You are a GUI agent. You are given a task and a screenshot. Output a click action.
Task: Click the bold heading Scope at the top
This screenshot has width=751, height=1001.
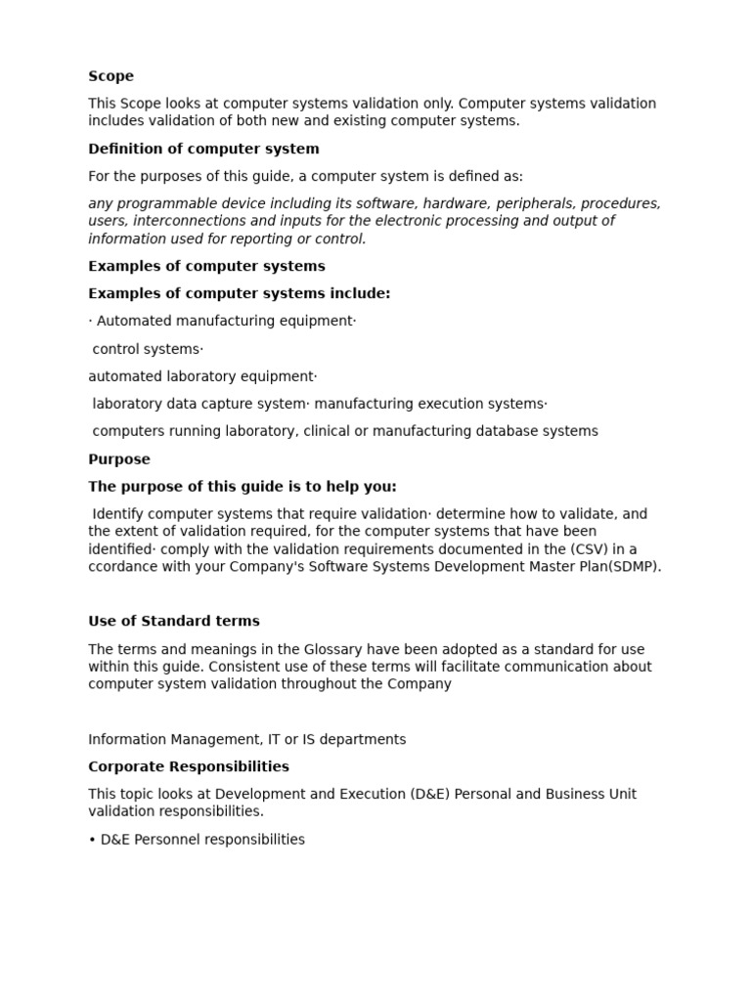coord(110,76)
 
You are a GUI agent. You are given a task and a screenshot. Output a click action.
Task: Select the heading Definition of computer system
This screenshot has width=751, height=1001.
coord(203,149)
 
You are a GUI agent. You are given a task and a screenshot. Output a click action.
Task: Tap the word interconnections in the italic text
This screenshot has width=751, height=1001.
coord(182,221)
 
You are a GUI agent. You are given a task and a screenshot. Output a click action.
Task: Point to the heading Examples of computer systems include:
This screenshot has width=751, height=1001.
coord(239,293)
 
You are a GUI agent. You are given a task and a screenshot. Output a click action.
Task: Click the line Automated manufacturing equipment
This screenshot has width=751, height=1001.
coord(224,321)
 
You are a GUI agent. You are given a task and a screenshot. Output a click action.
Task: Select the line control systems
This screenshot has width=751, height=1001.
coord(147,349)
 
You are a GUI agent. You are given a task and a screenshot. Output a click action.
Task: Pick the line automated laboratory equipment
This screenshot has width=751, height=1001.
coord(201,376)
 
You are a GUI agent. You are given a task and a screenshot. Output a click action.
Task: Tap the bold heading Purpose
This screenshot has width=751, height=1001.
coord(119,458)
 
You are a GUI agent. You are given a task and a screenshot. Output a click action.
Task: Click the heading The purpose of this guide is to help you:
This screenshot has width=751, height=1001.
coord(243,486)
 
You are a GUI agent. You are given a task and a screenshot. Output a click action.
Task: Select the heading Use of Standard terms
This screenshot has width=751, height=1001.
coord(174,621)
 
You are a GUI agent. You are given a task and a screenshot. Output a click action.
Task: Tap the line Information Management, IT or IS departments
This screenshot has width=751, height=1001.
coord(246,739)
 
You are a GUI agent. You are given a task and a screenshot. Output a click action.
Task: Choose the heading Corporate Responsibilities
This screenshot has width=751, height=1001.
coord(189,766)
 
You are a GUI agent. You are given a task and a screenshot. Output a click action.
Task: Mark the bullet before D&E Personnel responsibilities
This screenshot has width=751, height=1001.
coord(92,840)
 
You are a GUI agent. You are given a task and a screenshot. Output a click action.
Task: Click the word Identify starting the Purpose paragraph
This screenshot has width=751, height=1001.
coord(125,514)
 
